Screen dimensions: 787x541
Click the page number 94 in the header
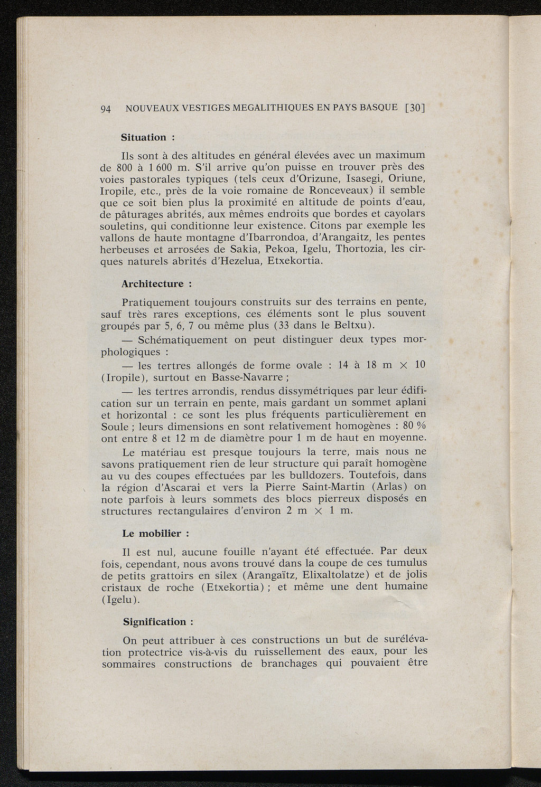pyautogui.click(x=106, y=109)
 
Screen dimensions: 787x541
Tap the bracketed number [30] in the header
pyautogui.click(x=415, y=108)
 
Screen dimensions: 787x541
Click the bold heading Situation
pyautogui.click(x=144, y=138)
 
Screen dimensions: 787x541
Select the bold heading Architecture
pyautogui.click(x=153, y=284)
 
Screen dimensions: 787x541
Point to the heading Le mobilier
pyautogui.click(x=152, y=534)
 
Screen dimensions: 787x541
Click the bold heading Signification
pyautogui.click(x=154, y=622)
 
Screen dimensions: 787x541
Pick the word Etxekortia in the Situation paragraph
pyautogui.click(x=294, y=261)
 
